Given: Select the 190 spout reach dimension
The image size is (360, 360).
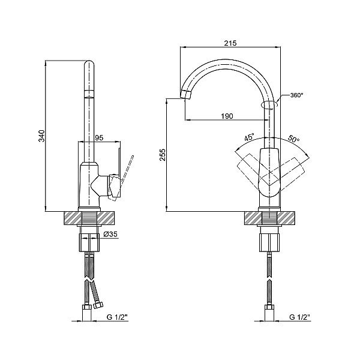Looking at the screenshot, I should pyautogui.click(x=227, y=116).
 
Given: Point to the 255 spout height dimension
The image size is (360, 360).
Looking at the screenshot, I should pyautogui.click(x=163, y=155).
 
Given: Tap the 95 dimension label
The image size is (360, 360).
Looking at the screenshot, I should pyautogui.click(x=99, y=137).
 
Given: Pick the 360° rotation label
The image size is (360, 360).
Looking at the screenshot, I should pyautogui.click(x=296, y=95).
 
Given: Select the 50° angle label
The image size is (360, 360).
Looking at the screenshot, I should pyautogui.click(x=293, y=139).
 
